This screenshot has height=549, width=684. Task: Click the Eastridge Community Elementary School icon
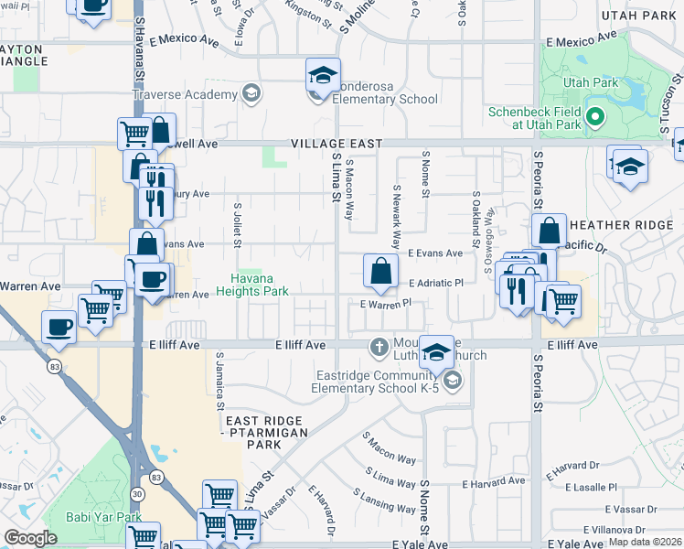pos(450,379)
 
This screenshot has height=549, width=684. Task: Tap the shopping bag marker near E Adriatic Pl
pos(380,272)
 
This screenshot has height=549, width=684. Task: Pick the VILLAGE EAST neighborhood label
pos(332,144)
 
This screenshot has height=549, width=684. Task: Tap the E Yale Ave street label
pos(421,544)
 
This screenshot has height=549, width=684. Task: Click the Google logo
pos(30,538)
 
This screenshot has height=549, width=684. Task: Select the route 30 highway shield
pos(137,495)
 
